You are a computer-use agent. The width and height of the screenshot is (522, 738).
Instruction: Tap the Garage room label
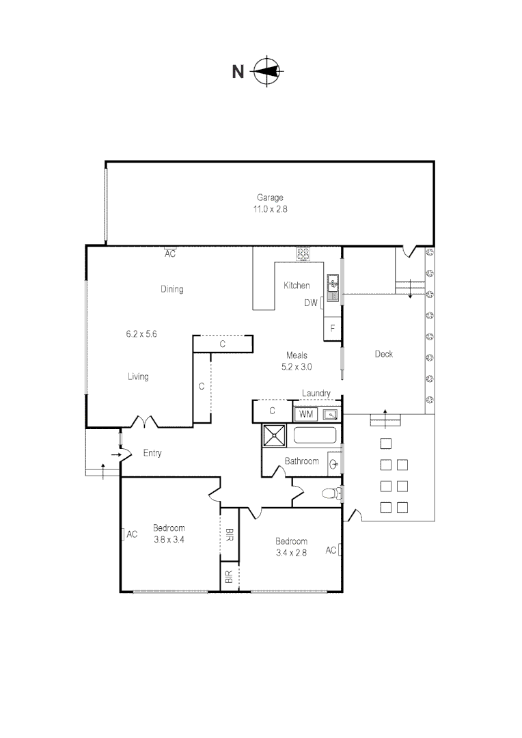(x=270, y=197)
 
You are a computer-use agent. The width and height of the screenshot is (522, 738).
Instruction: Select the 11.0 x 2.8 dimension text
(x=270, y=210)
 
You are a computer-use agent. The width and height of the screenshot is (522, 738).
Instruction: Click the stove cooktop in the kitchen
(x=303, y=254)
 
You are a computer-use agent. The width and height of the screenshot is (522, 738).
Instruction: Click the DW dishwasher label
(x=311, y=303)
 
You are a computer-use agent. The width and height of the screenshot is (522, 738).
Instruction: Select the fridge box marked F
(x=332, y=329)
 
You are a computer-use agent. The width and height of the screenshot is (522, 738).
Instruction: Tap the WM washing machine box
(x=306, y=414)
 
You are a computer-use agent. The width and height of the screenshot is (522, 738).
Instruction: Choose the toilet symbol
(x=332, y=493)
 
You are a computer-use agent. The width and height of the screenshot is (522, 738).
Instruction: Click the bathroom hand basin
(x=333, y=463)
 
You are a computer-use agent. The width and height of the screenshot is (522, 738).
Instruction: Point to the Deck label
(x=384, y=354)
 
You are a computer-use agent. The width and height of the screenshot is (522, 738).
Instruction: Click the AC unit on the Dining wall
(x=171, y=252)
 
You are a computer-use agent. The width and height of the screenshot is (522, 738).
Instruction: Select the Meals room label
(x=297, y=355)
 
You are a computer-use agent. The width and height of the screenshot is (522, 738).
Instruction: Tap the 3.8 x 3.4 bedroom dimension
(x=169, y=539)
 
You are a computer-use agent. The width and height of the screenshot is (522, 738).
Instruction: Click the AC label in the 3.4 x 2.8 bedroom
(x=331, y=549)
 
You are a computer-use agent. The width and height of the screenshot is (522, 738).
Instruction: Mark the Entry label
(x=152, y=453)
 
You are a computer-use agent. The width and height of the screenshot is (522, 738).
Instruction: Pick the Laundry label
(x=316, y=394)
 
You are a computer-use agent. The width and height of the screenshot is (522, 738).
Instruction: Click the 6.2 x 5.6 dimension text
(x=141, y=334)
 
